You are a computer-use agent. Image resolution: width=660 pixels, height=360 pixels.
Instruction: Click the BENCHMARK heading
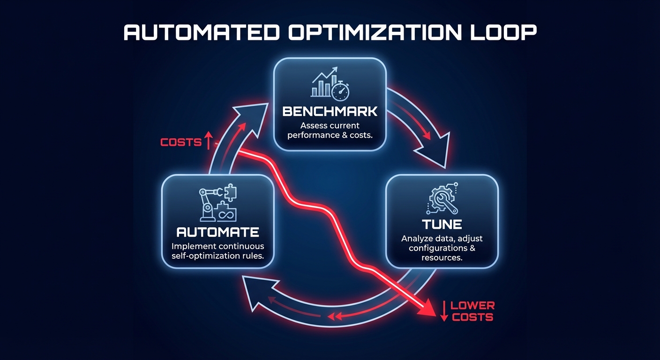[330, 112]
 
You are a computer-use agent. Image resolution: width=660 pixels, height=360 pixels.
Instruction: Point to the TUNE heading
[441, 224]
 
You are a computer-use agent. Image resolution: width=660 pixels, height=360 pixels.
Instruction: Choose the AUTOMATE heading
[217, 232]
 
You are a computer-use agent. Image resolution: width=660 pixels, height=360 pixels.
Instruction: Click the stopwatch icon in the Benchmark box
[340, 91]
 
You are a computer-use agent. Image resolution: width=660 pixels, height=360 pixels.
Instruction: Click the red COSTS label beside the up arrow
[181, 142]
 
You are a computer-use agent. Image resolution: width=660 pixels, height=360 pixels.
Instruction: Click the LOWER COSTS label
[472, 311]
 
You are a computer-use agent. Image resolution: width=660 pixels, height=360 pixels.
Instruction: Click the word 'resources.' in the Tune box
[441, 258]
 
